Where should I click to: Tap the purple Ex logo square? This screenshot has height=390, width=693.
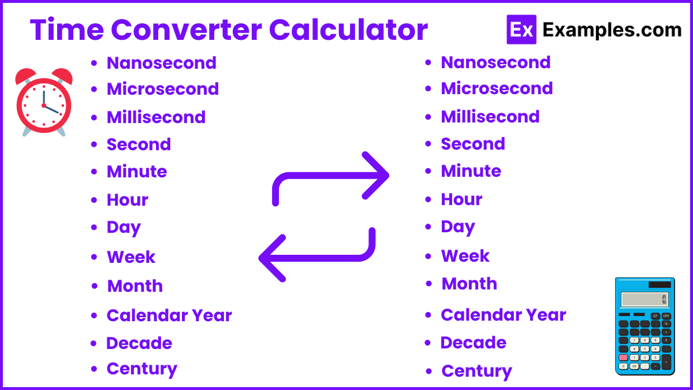pos(521,29)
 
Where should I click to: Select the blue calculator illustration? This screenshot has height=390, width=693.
pos(644,326)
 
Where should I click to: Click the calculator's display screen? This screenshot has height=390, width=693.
pos(644,299)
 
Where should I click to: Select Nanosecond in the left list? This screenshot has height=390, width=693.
pos(161,62)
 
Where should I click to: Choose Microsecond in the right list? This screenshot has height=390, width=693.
pos(497,88)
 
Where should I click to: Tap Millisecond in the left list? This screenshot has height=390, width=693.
pos(156,117)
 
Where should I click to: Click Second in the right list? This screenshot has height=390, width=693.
pos(473,144)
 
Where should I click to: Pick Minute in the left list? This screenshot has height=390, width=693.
pos(137,172)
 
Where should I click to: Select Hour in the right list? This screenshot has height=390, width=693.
pos(461,199)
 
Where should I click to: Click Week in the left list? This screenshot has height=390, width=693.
pos(131,257)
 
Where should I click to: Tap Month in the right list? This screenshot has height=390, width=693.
pos(469,284)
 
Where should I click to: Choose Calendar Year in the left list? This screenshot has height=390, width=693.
pos(169,315)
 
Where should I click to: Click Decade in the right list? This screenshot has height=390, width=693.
pos(473,343)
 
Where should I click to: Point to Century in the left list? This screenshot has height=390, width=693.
pos(141,369)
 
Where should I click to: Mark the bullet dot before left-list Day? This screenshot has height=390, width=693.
pos(94,228)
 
